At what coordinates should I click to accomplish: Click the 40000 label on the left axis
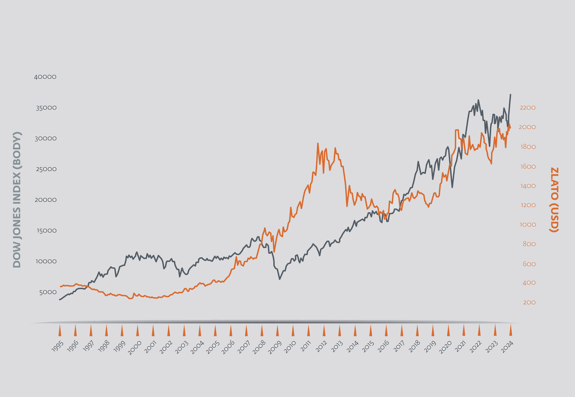45,77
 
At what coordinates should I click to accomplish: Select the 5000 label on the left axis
48,292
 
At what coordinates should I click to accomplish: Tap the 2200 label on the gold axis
528,108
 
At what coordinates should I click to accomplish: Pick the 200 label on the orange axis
529,303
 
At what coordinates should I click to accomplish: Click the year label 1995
58,348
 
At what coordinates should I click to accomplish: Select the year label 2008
259,348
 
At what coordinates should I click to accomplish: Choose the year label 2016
384,348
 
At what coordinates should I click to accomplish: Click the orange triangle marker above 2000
137,330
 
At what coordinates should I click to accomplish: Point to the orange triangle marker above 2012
324,330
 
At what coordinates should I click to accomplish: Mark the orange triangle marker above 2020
448,330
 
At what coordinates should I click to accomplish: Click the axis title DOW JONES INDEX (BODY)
17,199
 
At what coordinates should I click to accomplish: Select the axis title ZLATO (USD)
554,200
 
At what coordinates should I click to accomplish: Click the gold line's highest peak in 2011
318,143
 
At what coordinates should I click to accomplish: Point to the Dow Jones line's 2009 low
279,279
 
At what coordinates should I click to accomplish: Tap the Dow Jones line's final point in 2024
510,95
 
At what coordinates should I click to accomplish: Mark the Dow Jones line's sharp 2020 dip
452,187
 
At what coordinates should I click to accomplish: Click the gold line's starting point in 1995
60,287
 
